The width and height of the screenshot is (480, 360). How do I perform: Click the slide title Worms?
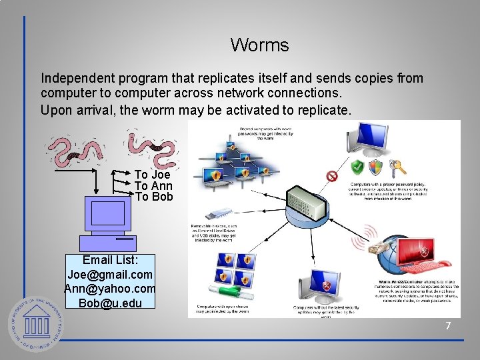coord(259,45)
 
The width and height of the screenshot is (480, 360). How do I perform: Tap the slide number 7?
coord(448,326)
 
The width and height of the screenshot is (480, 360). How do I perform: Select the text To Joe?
coord(152,175)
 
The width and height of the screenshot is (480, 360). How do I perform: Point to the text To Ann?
coord(153,186)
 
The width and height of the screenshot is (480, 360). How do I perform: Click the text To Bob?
coord(153,197)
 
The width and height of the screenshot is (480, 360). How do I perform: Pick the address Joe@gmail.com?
coord(110,275)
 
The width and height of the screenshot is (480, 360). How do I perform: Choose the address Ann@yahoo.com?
coord(110,289)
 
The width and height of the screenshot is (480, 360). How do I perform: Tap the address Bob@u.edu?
coord(110,303)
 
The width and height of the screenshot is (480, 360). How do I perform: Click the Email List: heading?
coord(110,261)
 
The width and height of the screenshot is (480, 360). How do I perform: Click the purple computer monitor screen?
coord(107,213)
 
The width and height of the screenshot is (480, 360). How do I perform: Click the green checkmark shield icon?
coord(357,167)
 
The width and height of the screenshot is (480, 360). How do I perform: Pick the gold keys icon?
coord(398,166)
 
